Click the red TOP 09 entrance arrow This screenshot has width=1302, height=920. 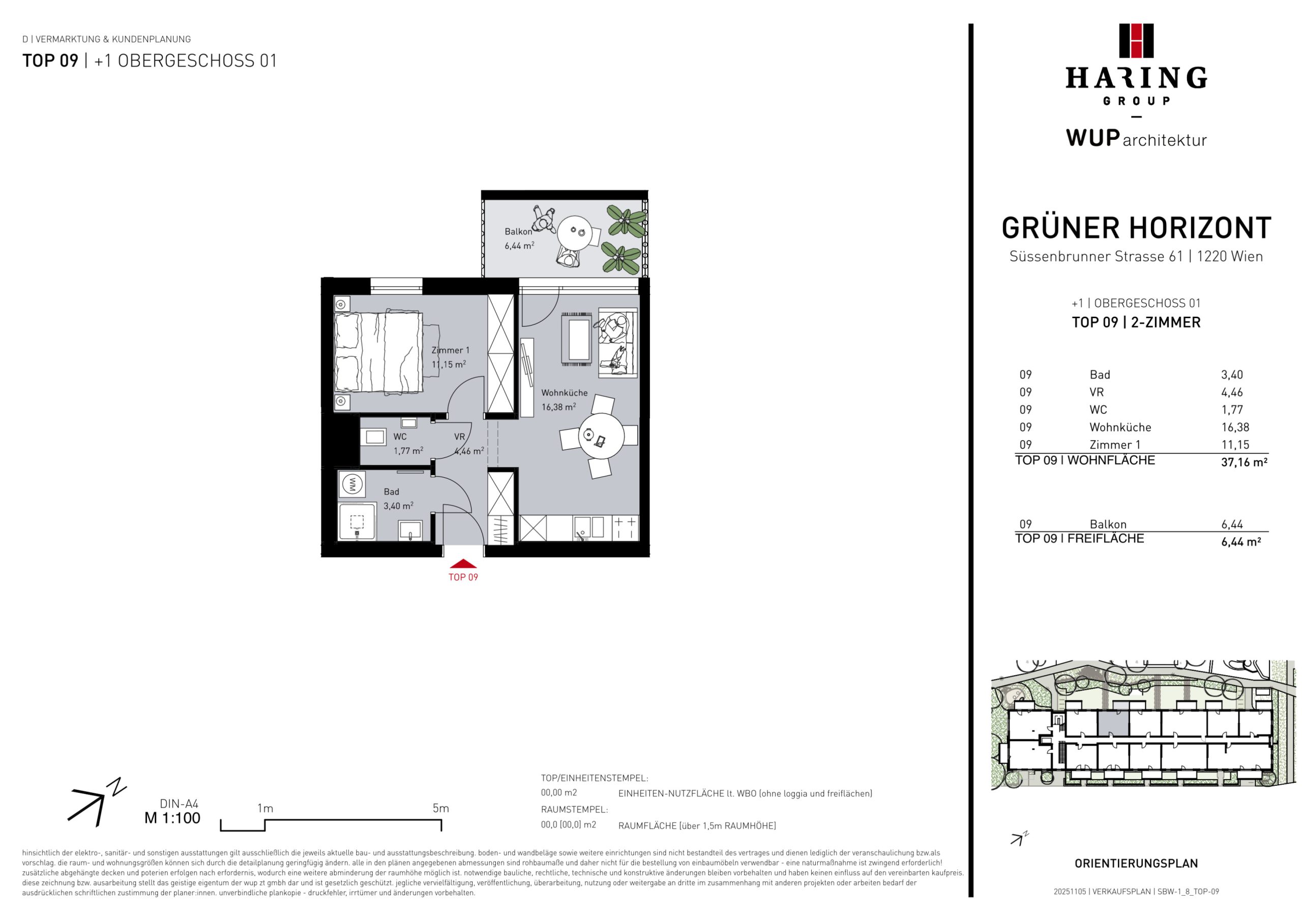pos(463,564)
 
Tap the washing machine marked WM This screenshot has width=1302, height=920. pos(351,484)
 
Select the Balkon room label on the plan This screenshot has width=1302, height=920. pos(518,231)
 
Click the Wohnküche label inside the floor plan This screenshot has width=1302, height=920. pos(564,393)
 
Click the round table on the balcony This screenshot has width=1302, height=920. pos(575,233)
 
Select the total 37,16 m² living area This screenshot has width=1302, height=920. pos(1244,462)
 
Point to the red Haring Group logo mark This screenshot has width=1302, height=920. pos(1136,41)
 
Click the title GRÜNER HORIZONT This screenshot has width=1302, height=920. pos(1136,228)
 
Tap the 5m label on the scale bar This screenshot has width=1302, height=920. pos(440,808)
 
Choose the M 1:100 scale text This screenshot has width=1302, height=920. pos(172,818)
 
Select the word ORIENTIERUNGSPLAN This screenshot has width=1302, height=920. pos(1136,863)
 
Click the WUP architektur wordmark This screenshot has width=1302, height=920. pos(1136,138)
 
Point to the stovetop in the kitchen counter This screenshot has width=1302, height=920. pos(626,528)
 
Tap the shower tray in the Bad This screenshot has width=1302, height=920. pos(357,521)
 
